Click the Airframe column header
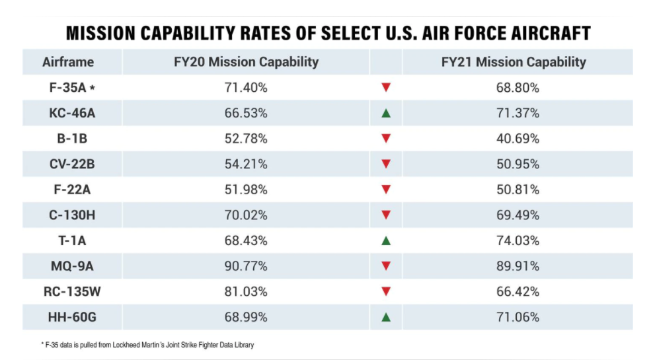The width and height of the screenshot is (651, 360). click(68, 62)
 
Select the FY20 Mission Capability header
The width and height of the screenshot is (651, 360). click(245, 62)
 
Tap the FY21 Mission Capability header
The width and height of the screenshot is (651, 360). click(514, 62)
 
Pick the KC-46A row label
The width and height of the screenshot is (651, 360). click(72, 113)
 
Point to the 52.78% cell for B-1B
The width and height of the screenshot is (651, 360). click(246, 139)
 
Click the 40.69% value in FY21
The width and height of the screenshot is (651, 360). click(517, 139)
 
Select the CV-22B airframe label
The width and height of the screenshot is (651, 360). click(72, 164)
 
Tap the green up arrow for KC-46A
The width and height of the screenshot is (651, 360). click(387, 113)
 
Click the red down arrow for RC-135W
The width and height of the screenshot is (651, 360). click(387, 291)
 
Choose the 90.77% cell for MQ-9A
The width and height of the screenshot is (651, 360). click(246, 266)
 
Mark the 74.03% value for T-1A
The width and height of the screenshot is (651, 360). click(517, 240)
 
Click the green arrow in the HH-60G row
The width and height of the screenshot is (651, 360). click(387, 317)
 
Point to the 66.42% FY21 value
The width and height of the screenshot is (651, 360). click(517, 291)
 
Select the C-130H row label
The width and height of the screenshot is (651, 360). click(72, 215)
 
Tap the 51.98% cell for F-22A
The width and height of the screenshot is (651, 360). click(246, 190)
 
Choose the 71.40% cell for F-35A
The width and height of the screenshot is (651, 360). click(246, 87)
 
